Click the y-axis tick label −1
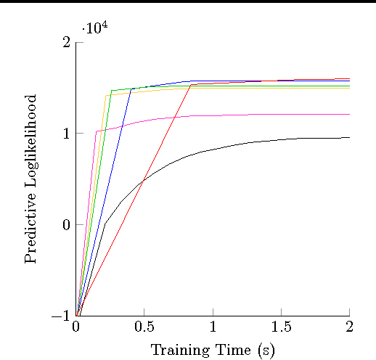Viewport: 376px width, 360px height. coord(61,316)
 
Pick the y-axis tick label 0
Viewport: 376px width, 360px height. coord(66,224)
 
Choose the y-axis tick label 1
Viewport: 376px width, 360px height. coord(66,134)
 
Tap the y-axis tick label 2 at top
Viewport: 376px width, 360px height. coord(66,42)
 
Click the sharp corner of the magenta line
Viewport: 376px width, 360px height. coord(97,131)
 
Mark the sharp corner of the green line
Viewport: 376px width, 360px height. coord(111,91)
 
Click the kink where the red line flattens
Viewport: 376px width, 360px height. coord(191,84)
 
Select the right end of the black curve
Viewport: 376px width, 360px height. coord(350,137)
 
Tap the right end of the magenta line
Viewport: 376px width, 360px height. coord(350,114)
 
